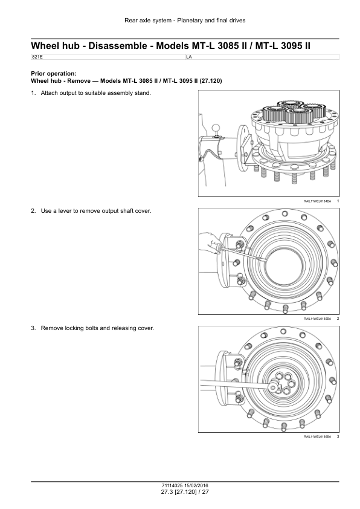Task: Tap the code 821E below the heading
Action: [37, 57]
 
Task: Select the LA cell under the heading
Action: [189, 57]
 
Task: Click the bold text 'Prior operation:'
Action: [54, 74]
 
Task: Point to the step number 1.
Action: [33, 93]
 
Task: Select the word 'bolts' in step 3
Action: [91, 328]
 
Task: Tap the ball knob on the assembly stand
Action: [216, 128]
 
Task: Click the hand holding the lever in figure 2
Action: [210, 243]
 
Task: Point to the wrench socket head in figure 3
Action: [274, 387]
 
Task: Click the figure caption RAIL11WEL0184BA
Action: [317, 201]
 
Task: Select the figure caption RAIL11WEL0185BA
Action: [317, 319]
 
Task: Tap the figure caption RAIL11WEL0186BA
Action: [317, 436]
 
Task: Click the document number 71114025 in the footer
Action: [172, 485]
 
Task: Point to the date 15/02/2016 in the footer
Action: [196, 485]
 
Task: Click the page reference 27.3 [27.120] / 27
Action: [185, 492]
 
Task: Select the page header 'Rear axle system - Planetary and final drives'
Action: [185, 21]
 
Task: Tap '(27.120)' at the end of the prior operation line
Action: [211, 81]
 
